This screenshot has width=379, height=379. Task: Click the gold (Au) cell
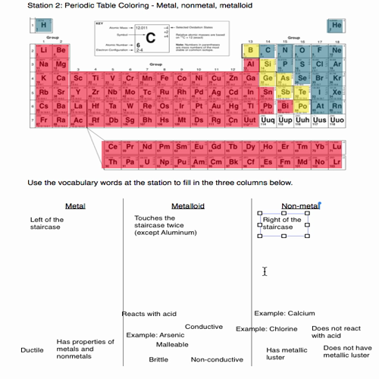pos(218,107)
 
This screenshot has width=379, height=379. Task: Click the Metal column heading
pos(76,205)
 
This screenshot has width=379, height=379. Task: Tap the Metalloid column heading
pos(188,205)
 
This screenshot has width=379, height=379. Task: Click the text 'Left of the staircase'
pos(47,224)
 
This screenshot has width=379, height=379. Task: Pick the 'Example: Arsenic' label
pos(155,334)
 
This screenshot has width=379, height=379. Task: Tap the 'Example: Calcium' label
pos(284,313)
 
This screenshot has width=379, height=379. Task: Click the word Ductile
pos(32,350)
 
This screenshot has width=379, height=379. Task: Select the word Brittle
pos(158,359)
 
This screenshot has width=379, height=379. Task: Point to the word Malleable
pos(172,344)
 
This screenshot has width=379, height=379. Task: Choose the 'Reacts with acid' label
pos(149,314)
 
